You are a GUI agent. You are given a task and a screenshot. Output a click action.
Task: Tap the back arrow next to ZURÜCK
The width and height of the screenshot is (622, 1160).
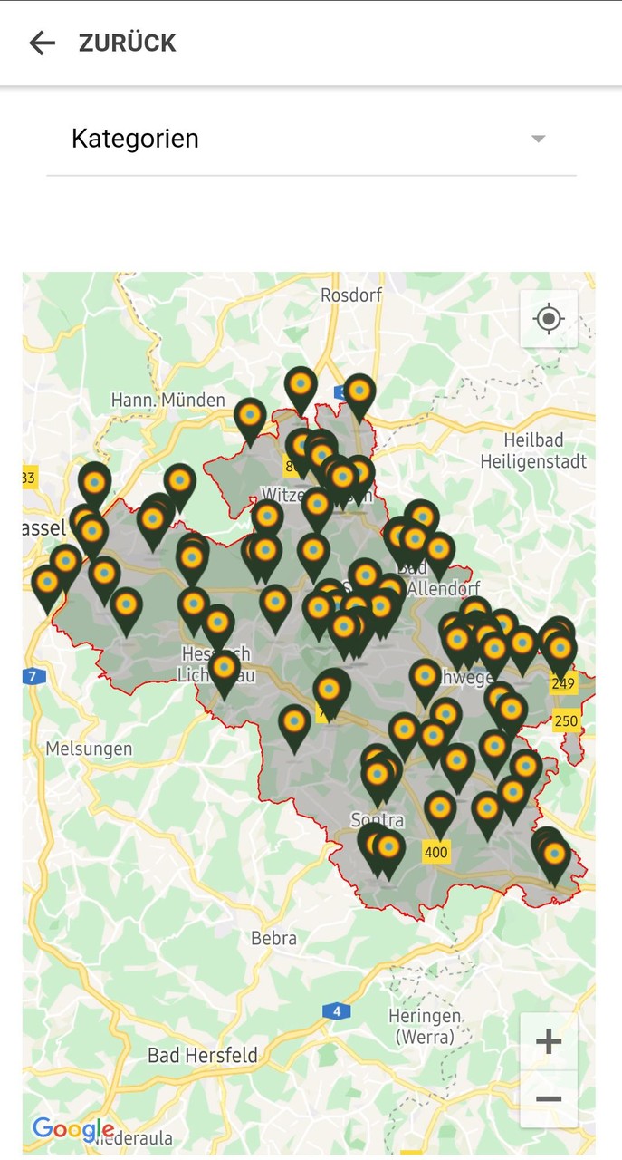pos(42,43)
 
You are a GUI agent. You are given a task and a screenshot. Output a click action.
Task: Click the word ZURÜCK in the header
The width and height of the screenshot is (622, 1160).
pos(127,43)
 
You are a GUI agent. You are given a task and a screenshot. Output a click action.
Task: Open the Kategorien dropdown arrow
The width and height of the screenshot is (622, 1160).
pos(539,139)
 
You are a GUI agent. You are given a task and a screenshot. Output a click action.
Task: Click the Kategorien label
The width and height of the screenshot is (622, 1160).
pos(135,139)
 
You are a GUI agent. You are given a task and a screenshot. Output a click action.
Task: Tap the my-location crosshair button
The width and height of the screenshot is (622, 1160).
pos(549,319)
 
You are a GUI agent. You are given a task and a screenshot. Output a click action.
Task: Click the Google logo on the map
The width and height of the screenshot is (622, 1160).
pos(72,1129)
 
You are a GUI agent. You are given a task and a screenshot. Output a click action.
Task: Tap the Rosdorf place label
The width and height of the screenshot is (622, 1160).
pos(351,295)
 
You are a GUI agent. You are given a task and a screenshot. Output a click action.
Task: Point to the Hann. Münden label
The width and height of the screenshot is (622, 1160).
pos(167,400)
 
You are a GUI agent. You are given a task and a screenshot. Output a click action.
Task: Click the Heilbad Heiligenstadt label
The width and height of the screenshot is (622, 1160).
pos(545,450)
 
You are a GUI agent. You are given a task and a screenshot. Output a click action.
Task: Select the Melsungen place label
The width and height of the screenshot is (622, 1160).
pos(89,749)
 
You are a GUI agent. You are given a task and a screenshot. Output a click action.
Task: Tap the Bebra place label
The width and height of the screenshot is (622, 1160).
pos(273,938)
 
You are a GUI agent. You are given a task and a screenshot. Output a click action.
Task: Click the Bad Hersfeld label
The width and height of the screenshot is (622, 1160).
pos(203,1055)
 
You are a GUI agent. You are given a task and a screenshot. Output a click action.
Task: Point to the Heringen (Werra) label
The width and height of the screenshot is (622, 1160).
pos(425,1025)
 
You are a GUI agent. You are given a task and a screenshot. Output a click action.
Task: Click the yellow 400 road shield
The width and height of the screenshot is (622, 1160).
pos(436,852)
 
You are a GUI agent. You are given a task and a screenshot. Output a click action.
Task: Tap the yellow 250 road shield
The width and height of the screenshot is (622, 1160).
pos(566,721)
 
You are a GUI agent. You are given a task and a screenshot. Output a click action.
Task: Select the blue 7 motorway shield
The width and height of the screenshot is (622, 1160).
pos(33,676)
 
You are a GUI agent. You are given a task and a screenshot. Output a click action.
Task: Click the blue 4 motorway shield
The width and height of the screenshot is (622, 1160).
pos(336,1010)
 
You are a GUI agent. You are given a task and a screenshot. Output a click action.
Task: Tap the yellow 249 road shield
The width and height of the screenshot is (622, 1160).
pos(563,683)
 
